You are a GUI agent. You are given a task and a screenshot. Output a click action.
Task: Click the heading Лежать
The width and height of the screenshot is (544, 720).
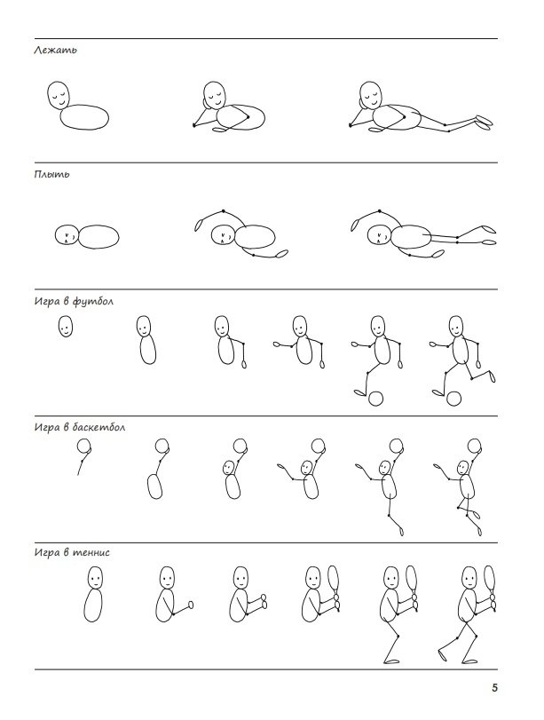[x=55, y=50]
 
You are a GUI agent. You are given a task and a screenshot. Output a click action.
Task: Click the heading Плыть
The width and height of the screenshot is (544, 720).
[x=51, y=174]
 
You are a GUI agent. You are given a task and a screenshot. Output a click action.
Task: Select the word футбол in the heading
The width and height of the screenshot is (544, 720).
[x=92, y=301]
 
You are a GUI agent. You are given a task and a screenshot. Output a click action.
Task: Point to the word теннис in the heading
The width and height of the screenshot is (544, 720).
[x=91, y=552]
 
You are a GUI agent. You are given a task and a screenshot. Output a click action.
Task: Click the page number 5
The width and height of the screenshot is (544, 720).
[x=494, y=687]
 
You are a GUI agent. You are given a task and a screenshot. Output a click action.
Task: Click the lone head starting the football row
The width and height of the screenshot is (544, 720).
[x=65, y=326]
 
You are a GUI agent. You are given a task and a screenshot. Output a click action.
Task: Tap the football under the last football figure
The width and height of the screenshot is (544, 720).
[x=453, y=399]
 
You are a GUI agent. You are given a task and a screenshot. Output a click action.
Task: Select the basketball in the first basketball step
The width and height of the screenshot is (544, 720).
[x=83, y=446]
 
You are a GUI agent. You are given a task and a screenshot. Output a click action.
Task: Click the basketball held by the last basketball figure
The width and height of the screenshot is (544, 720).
[x=474, y=446]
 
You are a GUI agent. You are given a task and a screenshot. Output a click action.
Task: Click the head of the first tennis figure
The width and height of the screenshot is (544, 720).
[x=95, y=577]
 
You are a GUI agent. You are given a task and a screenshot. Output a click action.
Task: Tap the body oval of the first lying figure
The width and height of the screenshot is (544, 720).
[x=84, y=117]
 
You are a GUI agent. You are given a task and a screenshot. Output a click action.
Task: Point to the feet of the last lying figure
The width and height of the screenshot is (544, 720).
[x=485, y=121]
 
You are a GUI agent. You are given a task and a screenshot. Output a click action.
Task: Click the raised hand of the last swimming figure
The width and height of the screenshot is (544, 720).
[x=354, y=225]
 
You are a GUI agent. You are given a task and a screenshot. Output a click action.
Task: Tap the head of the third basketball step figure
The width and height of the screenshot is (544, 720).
[x=228, y=468]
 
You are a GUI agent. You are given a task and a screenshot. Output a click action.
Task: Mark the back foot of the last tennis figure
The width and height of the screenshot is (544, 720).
[x=442, y=654]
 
